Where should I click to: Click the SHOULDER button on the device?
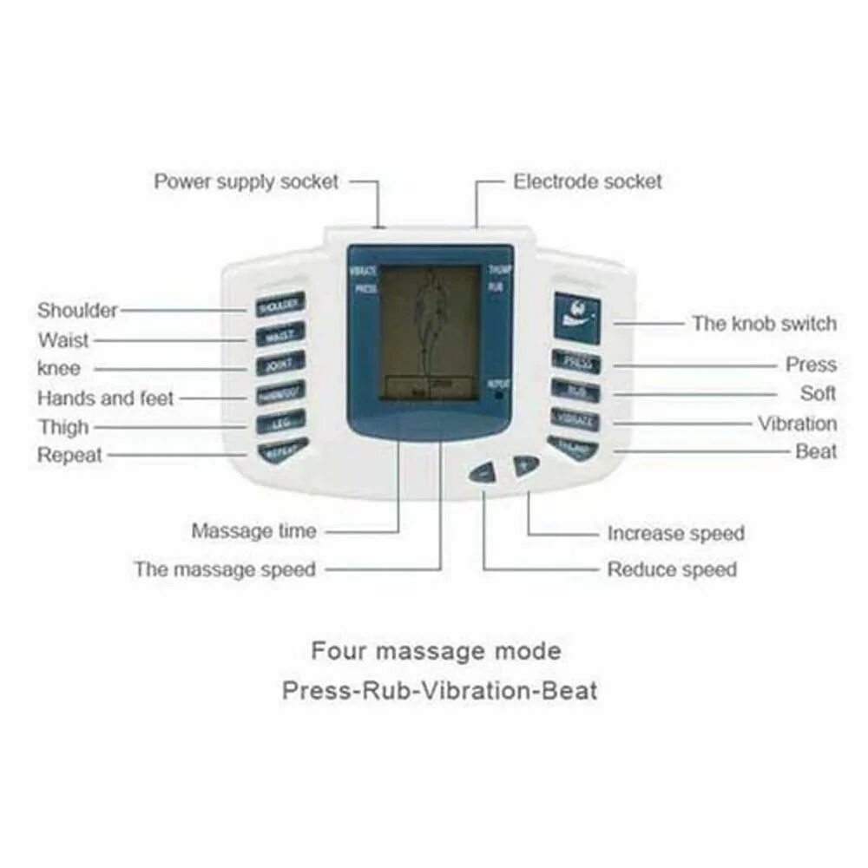click(x=279, y=306)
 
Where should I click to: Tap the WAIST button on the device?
click(x=279, y=334)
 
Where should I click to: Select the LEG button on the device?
click(x=279, y=423)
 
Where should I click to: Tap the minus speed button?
click(x=483, y=473)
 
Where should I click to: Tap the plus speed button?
click(x=524, y=465)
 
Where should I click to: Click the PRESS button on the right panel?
click(x=575, y=361)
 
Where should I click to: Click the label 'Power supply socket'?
click(x=246, y=182)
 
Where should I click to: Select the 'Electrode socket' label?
click(x=588, y=182)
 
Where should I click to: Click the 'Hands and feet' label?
click(x=105, y=398)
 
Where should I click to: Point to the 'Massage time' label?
click(x=253, y=530)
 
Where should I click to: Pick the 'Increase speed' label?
click(x=675, y=533)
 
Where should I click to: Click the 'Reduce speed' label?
click(x=672, y=569)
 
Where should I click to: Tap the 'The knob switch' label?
click(x=764, y=324)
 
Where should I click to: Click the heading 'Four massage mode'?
click(x=436, y=650)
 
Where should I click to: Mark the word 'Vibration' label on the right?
click(x=797, y=424)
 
